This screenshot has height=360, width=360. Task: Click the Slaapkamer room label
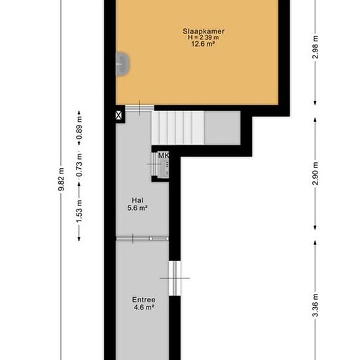[x=204, y=31]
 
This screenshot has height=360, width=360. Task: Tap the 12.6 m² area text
[x=203, y=44]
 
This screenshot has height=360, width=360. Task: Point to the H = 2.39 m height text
[x=204, y=37]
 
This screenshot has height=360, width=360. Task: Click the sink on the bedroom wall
[x=122, y=64]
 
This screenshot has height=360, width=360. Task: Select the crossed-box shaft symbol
[x=118, y=115]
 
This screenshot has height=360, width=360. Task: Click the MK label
[x=164, y=155]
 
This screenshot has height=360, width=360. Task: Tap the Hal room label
[x=137, y=200]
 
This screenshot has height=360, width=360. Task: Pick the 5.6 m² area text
[x=137, y=208]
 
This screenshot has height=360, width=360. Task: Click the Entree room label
[x=144, y=300]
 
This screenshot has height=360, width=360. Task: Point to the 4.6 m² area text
[x=144, y=307]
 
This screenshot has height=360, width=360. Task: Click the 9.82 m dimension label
[x=61, y=179]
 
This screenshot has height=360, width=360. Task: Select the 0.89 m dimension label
[x=79, y=128]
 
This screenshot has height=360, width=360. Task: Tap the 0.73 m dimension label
[x=79, y=166]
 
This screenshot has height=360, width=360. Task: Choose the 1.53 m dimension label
[x=79, y=211]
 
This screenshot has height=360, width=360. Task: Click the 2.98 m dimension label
[x=315, y=47]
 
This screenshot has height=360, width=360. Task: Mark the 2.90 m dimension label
[x=315, y=173]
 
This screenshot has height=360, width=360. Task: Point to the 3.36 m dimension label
[x=315, y=306]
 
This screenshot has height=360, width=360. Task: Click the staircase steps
[x=177, y=128]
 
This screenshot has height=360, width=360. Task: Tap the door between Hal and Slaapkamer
[x=139, y=108]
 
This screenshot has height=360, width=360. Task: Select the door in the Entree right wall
[x=175, y=278]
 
